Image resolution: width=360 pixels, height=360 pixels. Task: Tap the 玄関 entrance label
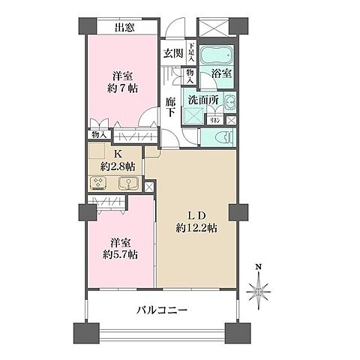[x=173, y=53]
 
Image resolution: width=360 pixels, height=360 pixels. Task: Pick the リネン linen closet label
[x=214, y=121]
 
